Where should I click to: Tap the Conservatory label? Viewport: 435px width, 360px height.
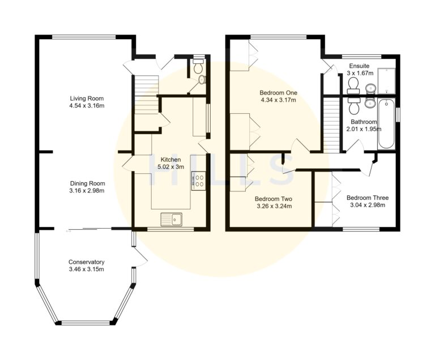[x=87, y=262]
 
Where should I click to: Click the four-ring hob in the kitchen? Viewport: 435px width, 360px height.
[x=199, y=181]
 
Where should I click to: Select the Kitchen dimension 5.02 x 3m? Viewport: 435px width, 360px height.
[x=170, y=167]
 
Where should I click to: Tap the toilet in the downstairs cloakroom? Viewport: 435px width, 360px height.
[x=198, y=68]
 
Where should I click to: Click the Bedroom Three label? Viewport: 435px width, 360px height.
[x=367, y=198]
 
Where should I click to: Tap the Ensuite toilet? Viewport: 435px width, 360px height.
[x=353, y=85]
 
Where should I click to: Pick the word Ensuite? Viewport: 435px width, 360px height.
[x=360, y=65]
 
